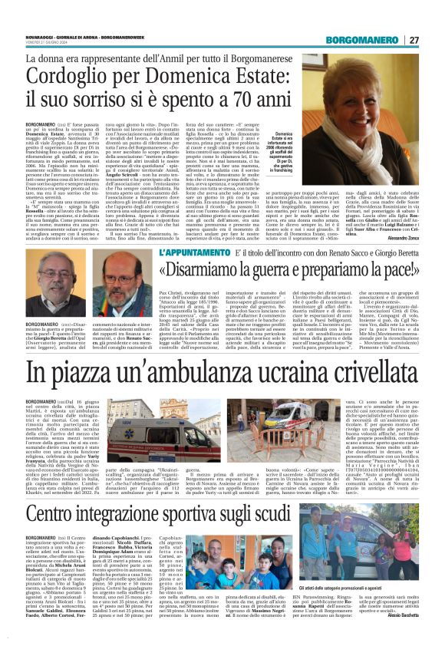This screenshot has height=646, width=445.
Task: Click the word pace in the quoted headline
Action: tap(387, 271)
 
